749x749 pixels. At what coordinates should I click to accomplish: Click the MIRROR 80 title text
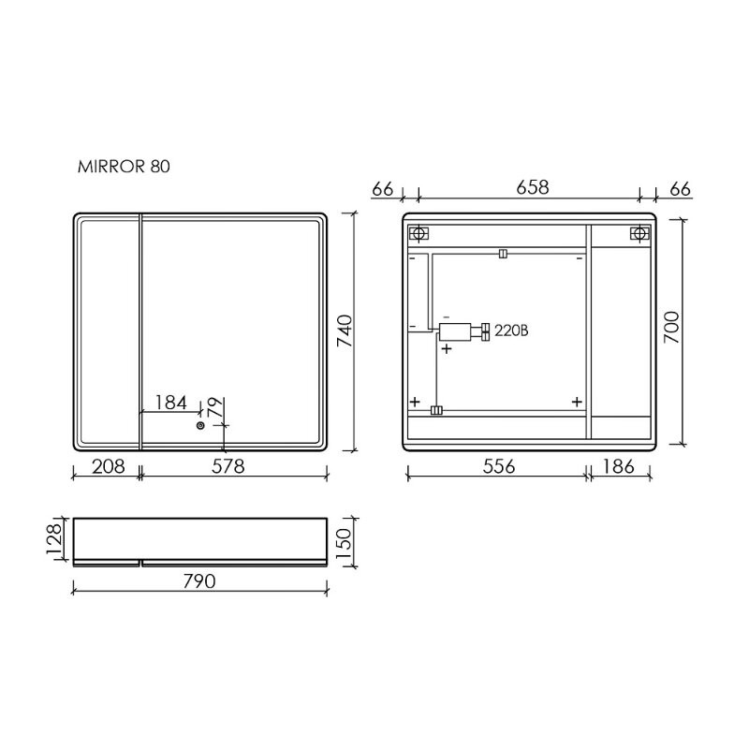coord(123,168)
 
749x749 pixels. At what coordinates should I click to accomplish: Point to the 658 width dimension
coord(531,188)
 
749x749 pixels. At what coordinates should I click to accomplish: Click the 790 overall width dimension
coord(198,581)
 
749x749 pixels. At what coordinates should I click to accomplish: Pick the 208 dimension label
coord(105,466)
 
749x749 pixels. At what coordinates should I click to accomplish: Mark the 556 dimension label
coord(497,466)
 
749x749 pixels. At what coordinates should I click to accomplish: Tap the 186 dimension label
coord(619,466)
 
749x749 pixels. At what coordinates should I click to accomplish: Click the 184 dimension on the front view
coord(170,403)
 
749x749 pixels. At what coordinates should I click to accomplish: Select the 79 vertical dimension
coord(214,407)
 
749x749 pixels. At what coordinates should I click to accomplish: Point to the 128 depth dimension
coord(55,540)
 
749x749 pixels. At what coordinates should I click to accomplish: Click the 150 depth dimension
coord(344,540)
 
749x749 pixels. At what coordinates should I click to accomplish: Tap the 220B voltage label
coord(511,330)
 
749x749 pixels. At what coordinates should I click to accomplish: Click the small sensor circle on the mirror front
coord(199,426)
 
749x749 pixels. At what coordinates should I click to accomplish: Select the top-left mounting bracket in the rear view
coord(419,233)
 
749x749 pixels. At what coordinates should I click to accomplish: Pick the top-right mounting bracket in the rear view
coord(639,233)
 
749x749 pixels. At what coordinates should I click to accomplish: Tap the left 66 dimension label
coord(382,188)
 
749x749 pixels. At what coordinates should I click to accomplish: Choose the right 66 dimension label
coord(680,188)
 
